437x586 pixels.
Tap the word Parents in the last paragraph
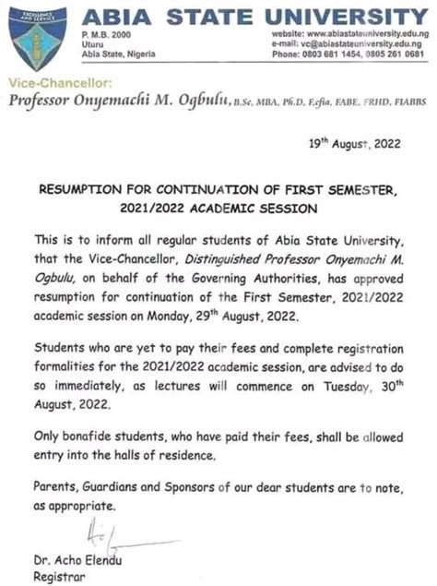click(x=57, y=489)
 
